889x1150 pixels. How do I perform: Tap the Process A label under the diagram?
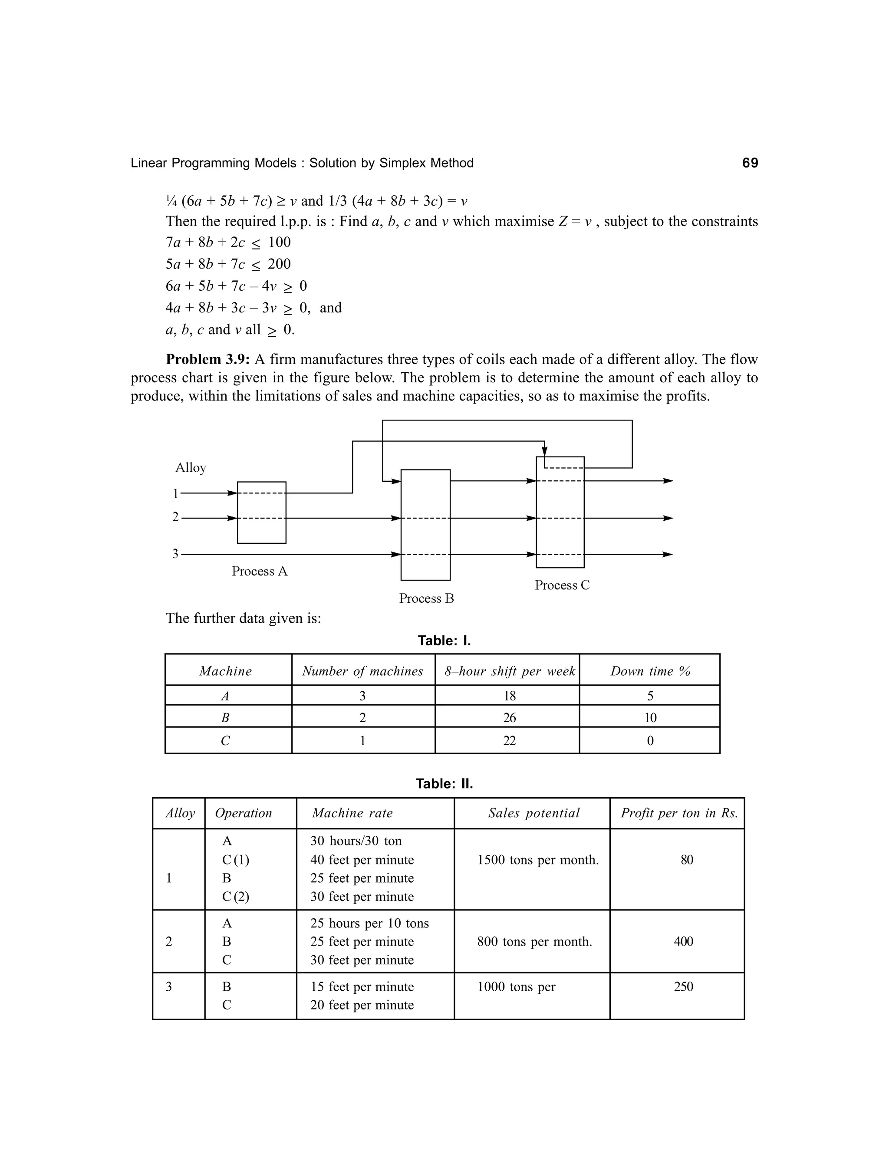pyautogui.click(x=260, y=572)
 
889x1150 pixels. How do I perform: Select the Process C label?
pyautogui.click(x=562, y=585)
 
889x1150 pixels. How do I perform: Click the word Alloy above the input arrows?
pyautogui.click(x=190, y=467)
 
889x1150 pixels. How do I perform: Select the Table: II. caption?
pyautogui.click(x=444, y=783)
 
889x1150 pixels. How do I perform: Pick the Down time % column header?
pyautogui.click(x=650, y=671)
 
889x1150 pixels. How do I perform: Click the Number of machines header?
pyautogui.click(x=362, y=671)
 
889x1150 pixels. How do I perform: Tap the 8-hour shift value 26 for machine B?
pyautogui.click(x=509, y=718)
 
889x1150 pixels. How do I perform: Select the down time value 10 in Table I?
pyautogui.click(x=650, y=718)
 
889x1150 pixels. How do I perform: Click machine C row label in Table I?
pyautogui.click(x=225, y=741)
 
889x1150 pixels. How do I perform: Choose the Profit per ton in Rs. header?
pyautogui.click(x=679, y=813)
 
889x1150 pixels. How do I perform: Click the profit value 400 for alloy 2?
pyautogui.click(x=683, y=942)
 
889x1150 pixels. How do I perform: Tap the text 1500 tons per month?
pyautogui.click(x=538, y=860)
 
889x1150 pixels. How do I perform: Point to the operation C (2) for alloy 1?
pyautogui.click(x=235, y=897)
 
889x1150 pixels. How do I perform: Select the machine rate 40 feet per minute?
pyautogui.click(x=362, y=860)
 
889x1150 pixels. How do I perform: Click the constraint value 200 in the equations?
pyautogui.click(x=279, y=264)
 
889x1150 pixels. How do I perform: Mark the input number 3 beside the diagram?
pyautogui.click(x=175, y=554)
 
